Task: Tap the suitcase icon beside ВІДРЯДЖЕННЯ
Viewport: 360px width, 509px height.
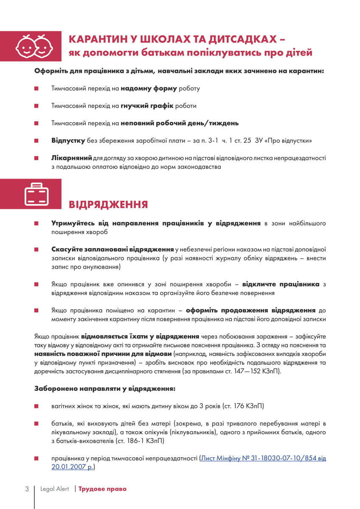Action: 37,194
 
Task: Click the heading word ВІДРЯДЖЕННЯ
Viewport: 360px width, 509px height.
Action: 108,204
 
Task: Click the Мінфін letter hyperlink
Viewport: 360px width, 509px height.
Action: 263,458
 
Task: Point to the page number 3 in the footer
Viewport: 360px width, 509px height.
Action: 27,489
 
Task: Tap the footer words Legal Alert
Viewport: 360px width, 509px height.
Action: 54,489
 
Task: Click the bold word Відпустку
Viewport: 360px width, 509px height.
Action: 68,140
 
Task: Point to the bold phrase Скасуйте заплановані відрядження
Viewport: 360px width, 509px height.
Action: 112,249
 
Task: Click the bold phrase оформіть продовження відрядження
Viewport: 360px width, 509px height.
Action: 250,310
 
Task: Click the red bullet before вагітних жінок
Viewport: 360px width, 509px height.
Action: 37,406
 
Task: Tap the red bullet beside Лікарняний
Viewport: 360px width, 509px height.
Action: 37,158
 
